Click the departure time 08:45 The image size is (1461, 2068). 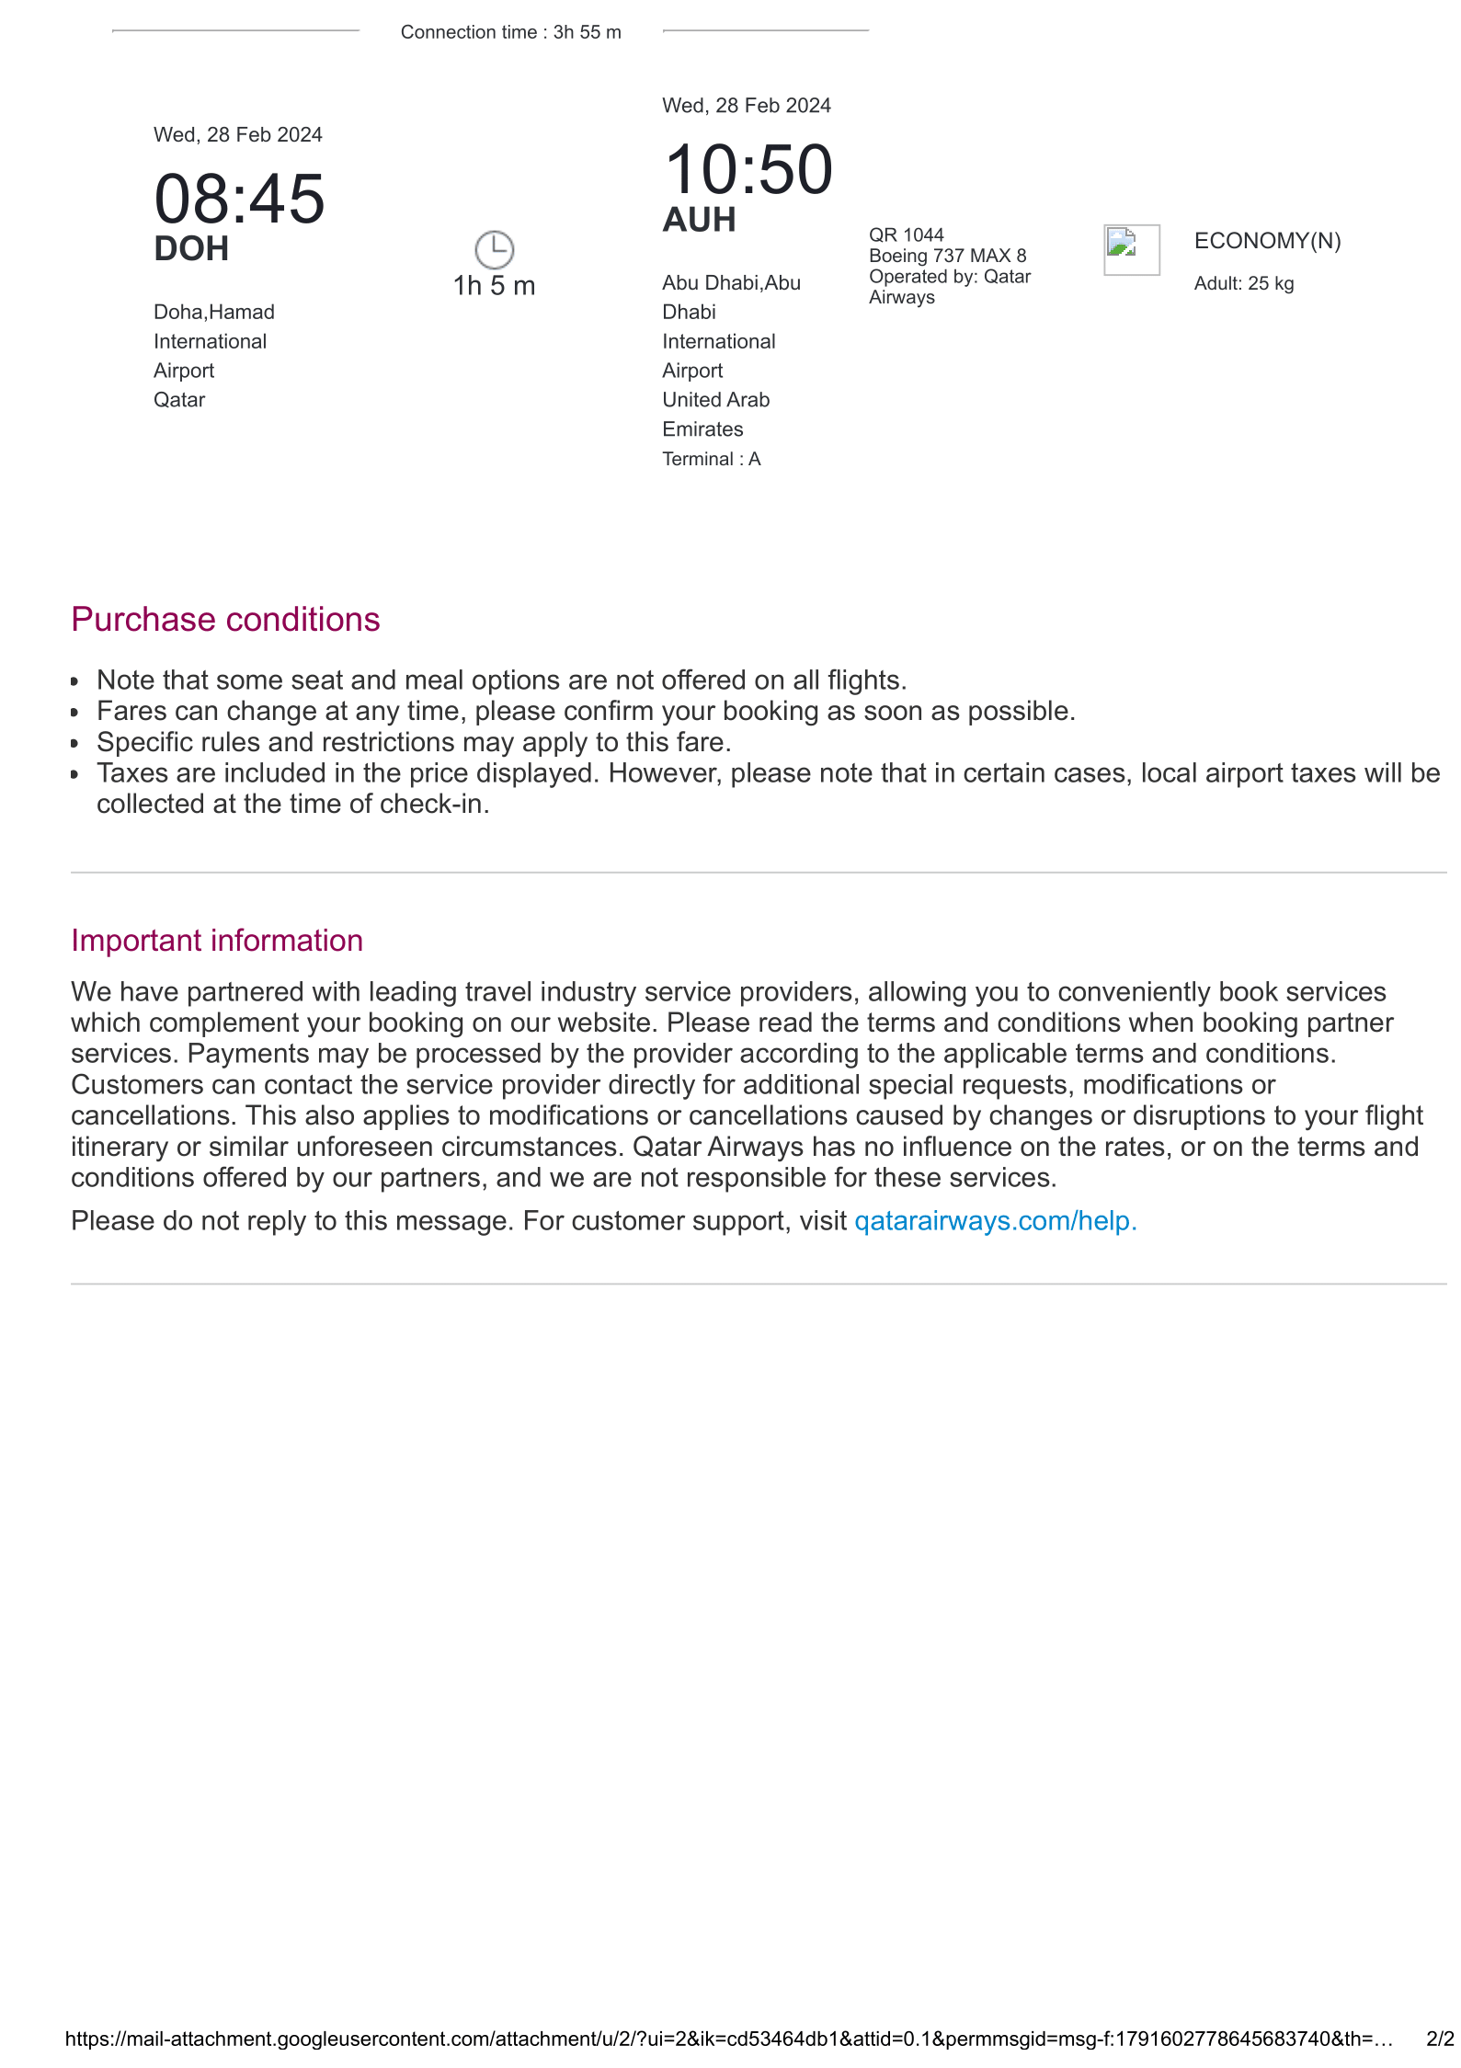click(239, 199)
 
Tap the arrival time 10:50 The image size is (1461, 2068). click(748, 170)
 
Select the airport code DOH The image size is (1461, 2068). click(191, 249)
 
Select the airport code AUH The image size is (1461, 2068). click(699, 221)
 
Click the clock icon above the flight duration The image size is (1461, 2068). click(494, 249)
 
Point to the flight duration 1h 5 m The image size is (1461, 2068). click(494, 286)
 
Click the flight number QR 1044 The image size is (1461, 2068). click(906, 235)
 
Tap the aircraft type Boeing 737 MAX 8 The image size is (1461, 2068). click(947, 256)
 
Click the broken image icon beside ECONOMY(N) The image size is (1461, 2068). click(1131, 249)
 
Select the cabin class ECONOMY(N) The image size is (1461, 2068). click(1267, 241)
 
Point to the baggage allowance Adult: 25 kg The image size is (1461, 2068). click(1243, 283)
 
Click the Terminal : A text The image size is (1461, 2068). click(711, 459)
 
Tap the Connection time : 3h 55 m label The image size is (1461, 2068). click(510, 32)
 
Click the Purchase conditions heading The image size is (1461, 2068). click(225, 620)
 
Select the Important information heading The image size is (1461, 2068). click(217, 941)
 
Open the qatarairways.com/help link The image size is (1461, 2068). click(995, 1221)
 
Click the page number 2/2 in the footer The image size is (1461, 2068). click(1439, 2039)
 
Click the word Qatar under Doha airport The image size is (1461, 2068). click(179, 400)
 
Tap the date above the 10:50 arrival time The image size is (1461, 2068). click(746, 106)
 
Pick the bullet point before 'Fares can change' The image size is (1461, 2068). click(75, 713)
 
